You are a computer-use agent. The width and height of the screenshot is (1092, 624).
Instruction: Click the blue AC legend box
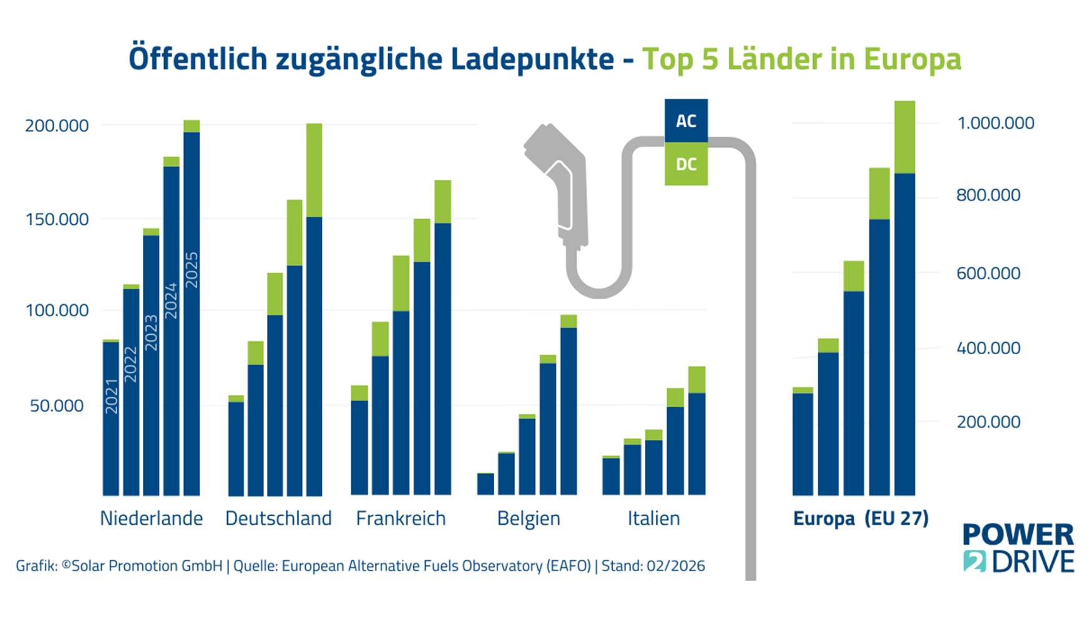[686, 121]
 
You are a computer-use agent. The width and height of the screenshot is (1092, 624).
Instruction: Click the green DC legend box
[686, 164]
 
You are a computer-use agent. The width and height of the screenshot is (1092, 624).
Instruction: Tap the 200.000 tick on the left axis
[57, 126]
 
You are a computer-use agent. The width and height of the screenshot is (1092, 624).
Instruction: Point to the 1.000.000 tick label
[995, 123]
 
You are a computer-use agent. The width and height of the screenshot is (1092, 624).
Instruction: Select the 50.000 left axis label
[57, 405]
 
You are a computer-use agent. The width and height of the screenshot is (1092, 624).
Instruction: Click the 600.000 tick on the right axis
[988, 273]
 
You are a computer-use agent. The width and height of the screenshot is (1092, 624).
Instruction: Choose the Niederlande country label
[152, 518]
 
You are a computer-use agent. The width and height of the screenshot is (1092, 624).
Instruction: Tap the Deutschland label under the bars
[278, 518]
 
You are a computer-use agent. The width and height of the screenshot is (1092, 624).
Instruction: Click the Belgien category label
[529, 518]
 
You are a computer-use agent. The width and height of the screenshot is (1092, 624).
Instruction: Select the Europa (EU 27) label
[860, 518]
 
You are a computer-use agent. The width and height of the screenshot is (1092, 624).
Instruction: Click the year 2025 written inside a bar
[192, 270]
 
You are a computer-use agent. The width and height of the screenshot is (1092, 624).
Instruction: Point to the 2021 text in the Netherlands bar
[111, 396]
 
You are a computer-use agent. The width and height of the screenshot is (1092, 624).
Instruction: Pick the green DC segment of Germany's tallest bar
[314, 170]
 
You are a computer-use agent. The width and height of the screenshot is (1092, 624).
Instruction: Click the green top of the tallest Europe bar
[904, 137]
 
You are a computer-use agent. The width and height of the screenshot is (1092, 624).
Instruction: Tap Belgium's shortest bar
[485, 484]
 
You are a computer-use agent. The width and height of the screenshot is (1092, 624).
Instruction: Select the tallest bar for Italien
[696, 431]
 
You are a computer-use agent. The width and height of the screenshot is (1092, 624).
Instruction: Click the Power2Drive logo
[1018, 548]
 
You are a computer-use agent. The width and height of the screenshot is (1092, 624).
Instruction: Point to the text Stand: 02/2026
[653, 566]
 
